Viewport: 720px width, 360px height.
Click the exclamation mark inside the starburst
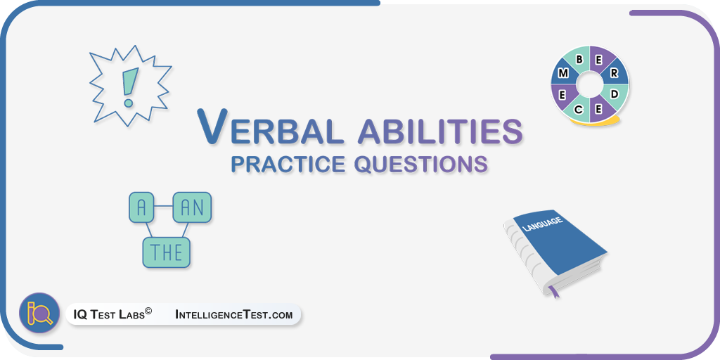129,87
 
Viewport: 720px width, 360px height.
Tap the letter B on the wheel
579,59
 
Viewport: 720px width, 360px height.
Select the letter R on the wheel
614,73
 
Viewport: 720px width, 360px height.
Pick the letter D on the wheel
615,94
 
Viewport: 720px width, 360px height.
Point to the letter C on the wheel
579,109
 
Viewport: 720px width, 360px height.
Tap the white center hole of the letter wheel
590,84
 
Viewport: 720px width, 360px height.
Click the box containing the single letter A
141,208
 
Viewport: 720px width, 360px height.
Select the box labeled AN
192,207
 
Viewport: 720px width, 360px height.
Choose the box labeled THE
166,252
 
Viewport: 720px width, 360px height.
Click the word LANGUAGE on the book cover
543,224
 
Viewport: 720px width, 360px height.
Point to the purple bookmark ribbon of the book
553,291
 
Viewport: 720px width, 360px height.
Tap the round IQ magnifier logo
39,313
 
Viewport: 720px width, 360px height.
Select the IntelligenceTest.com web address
233,314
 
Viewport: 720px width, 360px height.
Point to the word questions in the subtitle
421,165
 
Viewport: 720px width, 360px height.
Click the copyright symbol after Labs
148,311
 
